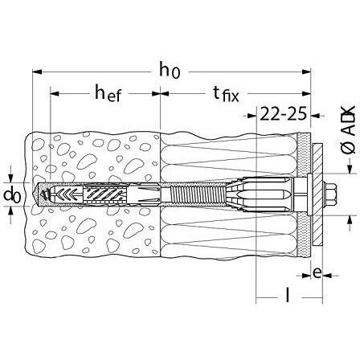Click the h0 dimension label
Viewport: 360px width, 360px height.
169,71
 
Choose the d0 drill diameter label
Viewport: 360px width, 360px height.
12,195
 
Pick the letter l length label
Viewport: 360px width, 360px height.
287,297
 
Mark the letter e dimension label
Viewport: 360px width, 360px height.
318,273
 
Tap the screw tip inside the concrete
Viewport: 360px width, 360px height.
44,194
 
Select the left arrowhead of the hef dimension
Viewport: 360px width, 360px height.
55,94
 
